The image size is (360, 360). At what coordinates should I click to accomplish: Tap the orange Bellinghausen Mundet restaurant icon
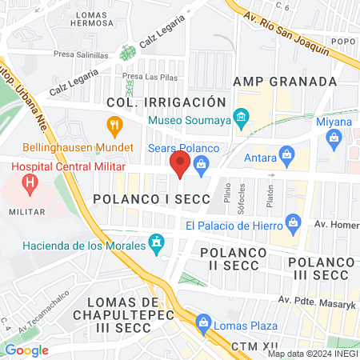pos(114,126)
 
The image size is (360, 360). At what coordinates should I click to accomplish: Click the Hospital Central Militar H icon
pos(31,186)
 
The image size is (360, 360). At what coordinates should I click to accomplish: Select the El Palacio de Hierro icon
pos(293,220)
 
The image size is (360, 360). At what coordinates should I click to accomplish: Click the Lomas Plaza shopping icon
pos(203,324)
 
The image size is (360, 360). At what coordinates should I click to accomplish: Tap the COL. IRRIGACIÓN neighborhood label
pos(167,102)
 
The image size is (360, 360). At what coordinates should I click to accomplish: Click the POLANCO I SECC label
pos(151,198)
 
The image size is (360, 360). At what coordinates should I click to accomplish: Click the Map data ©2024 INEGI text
pos(312,354)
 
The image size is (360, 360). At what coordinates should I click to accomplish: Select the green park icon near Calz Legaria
pos(126,54)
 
